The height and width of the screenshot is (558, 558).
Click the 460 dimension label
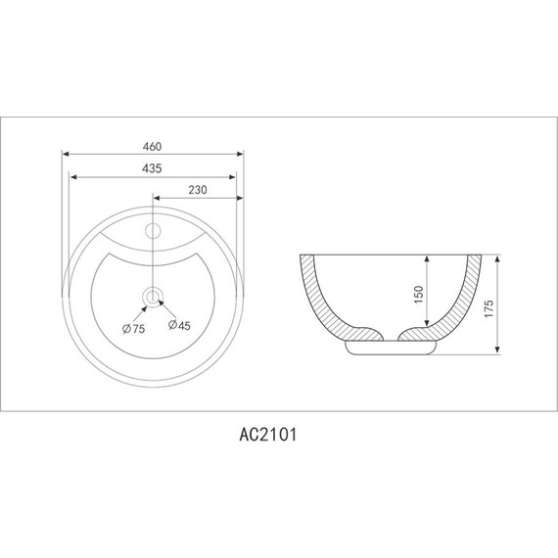point(152,147)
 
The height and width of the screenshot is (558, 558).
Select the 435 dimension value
point(152,168)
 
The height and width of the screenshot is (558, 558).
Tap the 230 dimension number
point(198,190)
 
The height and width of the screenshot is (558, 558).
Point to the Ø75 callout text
point(133,329)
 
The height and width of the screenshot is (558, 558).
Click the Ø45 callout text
point(179,325)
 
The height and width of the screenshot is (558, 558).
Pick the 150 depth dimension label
point(419,295)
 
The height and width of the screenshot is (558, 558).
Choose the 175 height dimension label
point(489,308)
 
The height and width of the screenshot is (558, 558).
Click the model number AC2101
point(267,435)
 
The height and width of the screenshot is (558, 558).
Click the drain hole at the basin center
point(153,296)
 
